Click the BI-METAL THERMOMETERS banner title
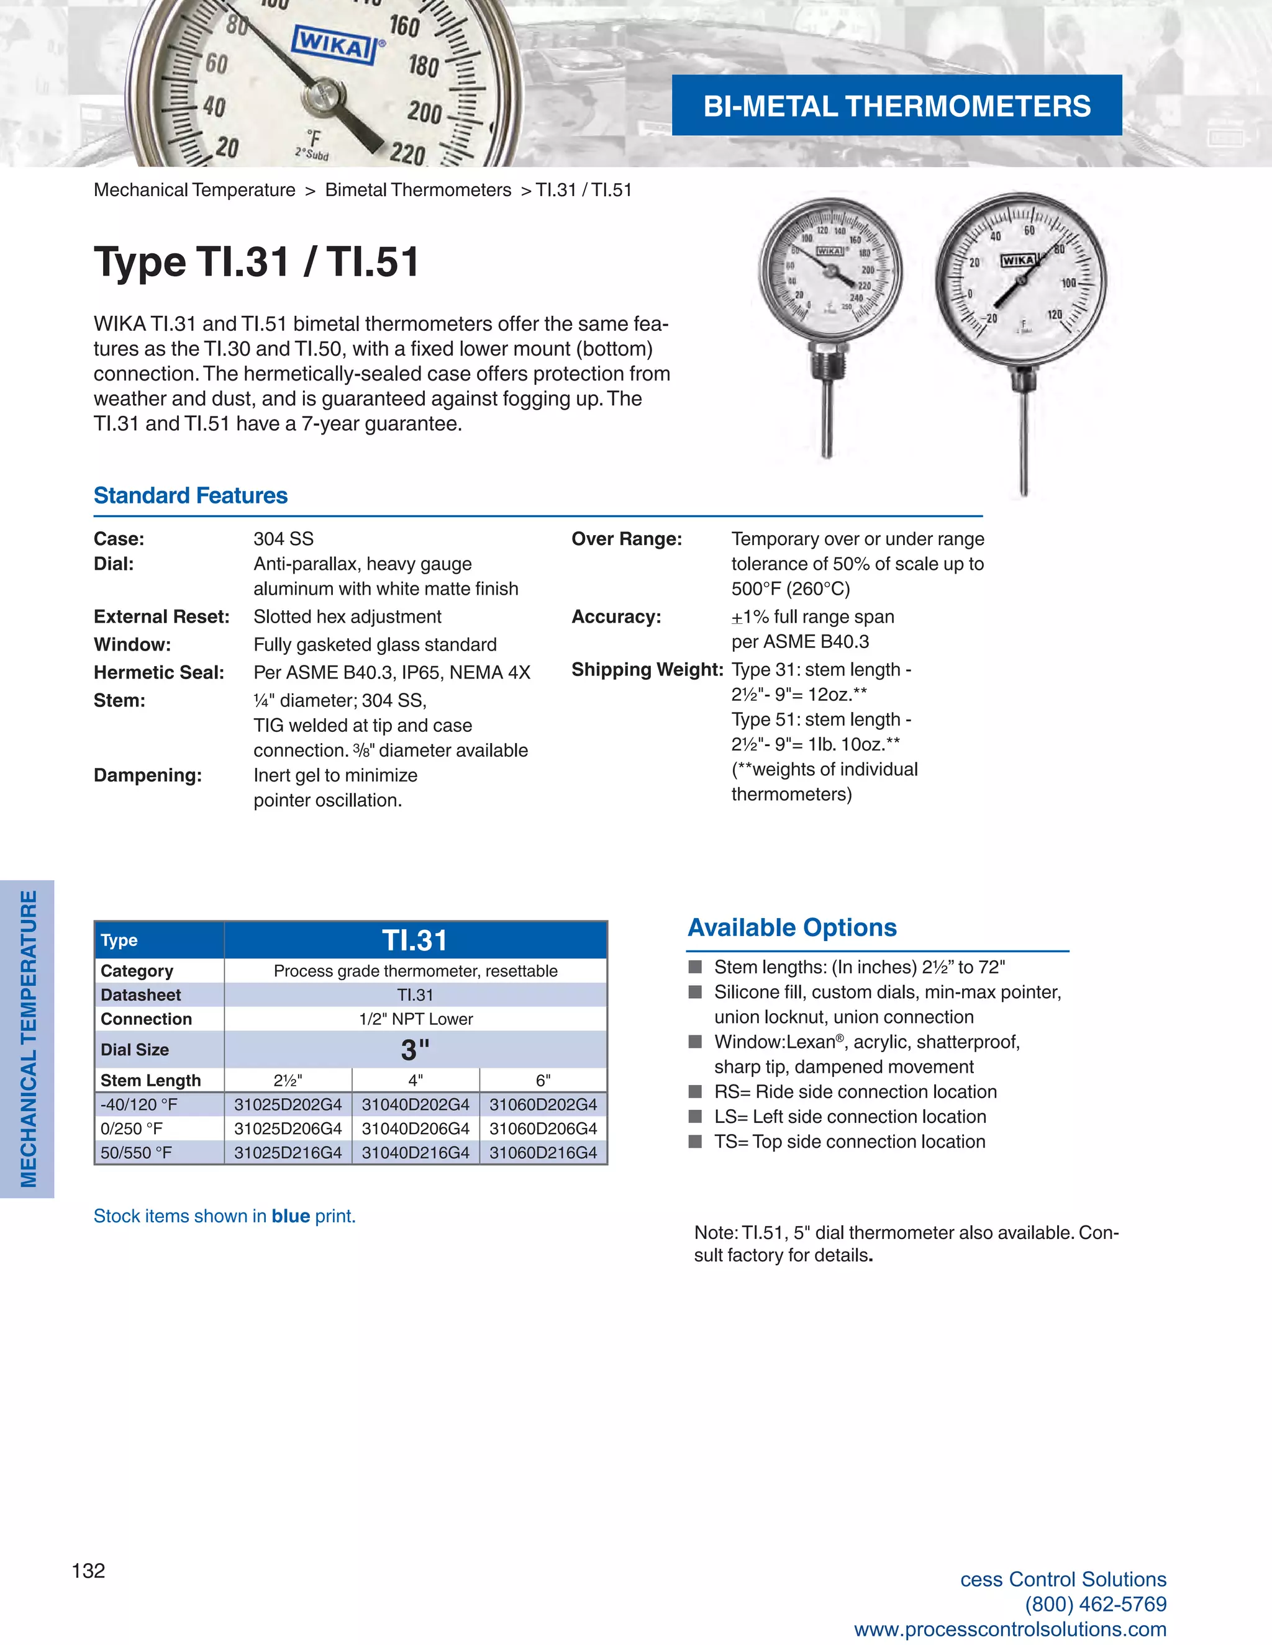click(897, 106)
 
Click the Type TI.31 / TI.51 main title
click(257, 262)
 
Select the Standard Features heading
click(191, 495)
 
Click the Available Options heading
click(792, 927)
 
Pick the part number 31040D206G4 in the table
click(416, 1129)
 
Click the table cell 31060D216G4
click(543, 1152)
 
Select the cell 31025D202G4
click(288, 1104)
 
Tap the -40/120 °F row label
click(139, 1104)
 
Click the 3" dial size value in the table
click(416, 1049)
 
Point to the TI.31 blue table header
click(416, 940)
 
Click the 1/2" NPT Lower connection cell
click(416, 1019)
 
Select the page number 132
click(88, 1571)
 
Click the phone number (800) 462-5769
click(1095, 1604)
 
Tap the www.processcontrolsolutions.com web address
click(1010, 1629)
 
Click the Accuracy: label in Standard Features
click(616, 617)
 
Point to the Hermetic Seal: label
click(159, 673)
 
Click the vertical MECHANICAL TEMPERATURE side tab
click(28, 1039)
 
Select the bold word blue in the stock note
click(291, 1215)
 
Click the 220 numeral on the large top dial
click(407, 155)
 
